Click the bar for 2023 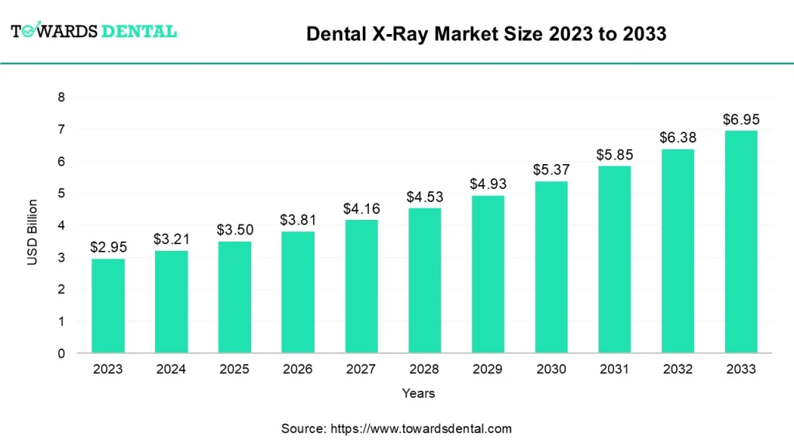pos(108,306)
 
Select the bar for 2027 pos(361,286)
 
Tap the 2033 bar pos(740,242)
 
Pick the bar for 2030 pos(551,267)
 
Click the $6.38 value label pos(677,137)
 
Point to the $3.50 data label pos(234,230)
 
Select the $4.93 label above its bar pos(488,184)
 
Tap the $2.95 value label pos(108,247)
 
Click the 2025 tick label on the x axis pos(234,369)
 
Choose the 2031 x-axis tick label pos(614,369)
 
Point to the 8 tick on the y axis pos(60,98)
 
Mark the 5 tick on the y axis pos(60,194)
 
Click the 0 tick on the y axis pos(60,353)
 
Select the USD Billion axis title pos(33,232)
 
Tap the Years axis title pos(419,393)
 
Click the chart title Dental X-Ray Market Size pos(486,34)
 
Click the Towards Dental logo pos(94,31)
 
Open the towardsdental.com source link pos(421,428)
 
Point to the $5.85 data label pos(614,155)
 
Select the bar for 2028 pos(425,280)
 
